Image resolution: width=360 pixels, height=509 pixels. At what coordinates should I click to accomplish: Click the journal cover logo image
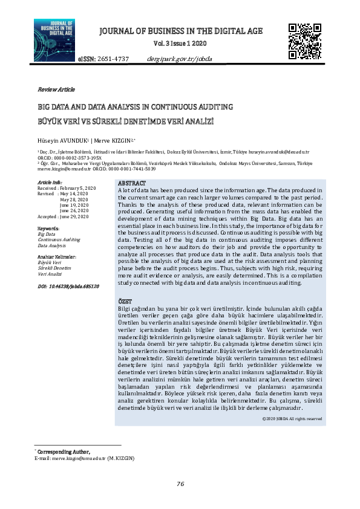click(x=54, y=39)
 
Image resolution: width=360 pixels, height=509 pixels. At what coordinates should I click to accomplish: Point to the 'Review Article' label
click(x=56, y=89)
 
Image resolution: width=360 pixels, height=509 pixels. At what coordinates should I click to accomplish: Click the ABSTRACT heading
click(x=131, y=183)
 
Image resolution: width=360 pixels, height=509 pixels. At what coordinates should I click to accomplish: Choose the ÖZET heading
click(x=124, y=301)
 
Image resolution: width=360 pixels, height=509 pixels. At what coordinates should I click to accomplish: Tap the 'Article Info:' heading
click(x=50, y=182)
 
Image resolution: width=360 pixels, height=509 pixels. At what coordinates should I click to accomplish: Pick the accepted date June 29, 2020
click(x=75, y=216)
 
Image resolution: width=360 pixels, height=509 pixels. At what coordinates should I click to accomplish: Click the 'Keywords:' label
click(x=48, y=229)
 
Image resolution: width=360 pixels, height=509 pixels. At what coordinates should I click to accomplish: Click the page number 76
click(x=180, y=484)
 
